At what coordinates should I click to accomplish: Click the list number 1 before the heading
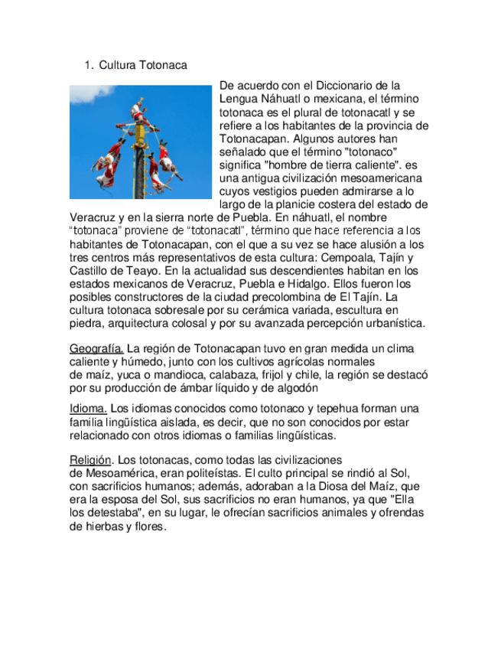(88, 66)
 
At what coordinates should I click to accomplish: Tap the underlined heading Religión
(91, 460)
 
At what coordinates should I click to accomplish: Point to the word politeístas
(206, 473)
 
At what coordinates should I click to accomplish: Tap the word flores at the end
(149, 527)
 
